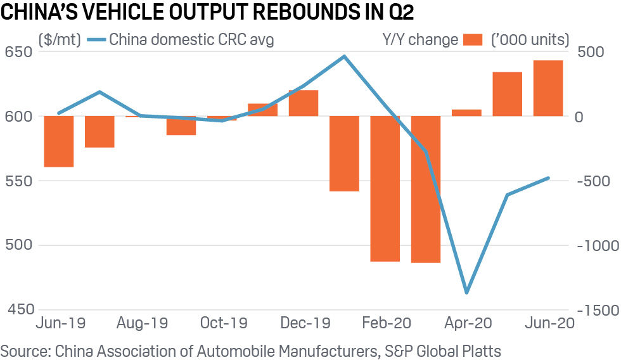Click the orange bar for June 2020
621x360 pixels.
pyautogui.click(x=548, y=88)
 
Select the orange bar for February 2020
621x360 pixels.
pyautogui.click(x=385, y=188)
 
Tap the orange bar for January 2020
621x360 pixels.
pyautogui.click(x=344, y=153)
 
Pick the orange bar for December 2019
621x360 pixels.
pyautogui.click(x=304, y=103)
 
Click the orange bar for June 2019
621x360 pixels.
pyautogui.click(x=59, y=141)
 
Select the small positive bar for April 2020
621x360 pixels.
pyautogui.click(x=466, y=113)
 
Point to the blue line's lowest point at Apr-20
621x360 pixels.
pyautogui.click(x=466, y=292)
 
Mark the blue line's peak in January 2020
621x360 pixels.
pyautogui.click(x=344, y=56)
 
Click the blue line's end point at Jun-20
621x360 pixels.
pyautogui.click(x=548, y=178)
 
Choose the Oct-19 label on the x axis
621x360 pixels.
pyautogui.click(x=224, y=323)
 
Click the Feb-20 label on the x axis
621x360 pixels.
pyautogui.click(x=385, y=323)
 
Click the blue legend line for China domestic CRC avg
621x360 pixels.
pyautogui.click(x=93, y=39)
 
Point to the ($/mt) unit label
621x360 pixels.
pyautogui.click(x=59, y=39)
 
